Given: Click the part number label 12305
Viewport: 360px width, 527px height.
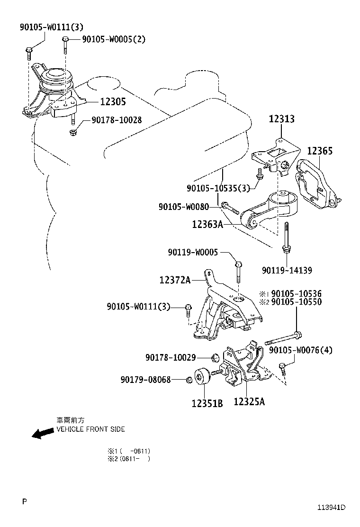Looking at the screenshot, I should [x=113, y=101].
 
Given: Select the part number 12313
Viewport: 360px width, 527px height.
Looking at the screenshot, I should [x=282, y=119].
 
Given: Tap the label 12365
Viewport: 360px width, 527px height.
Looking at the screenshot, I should [x=320, y=151].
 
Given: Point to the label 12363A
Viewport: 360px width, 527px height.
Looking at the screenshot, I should [x=207, y=224].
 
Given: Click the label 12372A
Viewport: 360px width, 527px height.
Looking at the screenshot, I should [x=175, y=281].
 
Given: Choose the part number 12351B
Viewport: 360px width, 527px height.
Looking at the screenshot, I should [x=207, y=404].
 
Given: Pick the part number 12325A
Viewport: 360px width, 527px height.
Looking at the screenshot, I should [x=249, y=402].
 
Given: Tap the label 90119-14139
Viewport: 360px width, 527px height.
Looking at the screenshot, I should [x=287, y=270].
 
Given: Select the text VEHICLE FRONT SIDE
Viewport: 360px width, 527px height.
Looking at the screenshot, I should [x=90, y=429].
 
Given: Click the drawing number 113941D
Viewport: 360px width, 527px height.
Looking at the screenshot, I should [x=331, y=508].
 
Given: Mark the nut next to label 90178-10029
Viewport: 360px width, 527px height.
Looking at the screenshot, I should [x=215, y=357].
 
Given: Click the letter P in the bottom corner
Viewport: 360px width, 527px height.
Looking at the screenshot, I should [x=24, y=500].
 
